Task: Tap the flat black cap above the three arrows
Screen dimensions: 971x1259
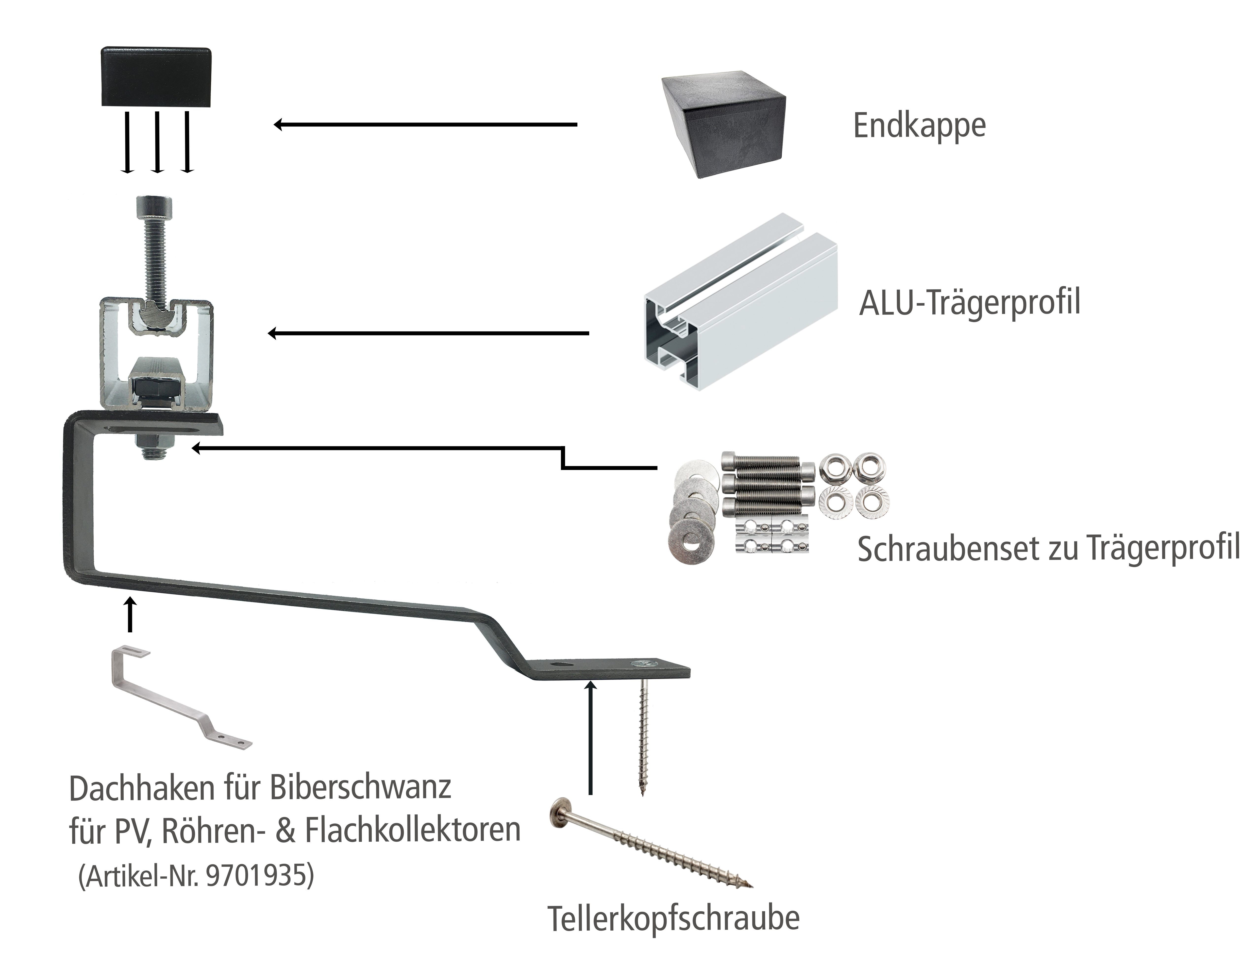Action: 156,77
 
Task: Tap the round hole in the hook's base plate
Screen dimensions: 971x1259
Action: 557,665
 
